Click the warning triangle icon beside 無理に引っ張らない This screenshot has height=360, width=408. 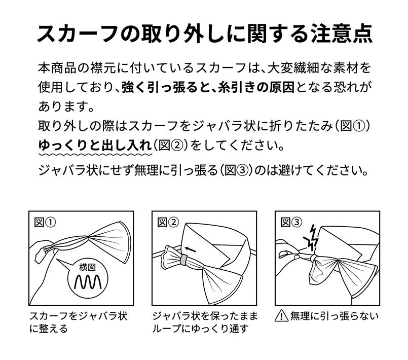point(281,316)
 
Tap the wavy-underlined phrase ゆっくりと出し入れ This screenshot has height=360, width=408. point(95,145)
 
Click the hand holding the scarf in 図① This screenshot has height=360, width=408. point(41,254)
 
